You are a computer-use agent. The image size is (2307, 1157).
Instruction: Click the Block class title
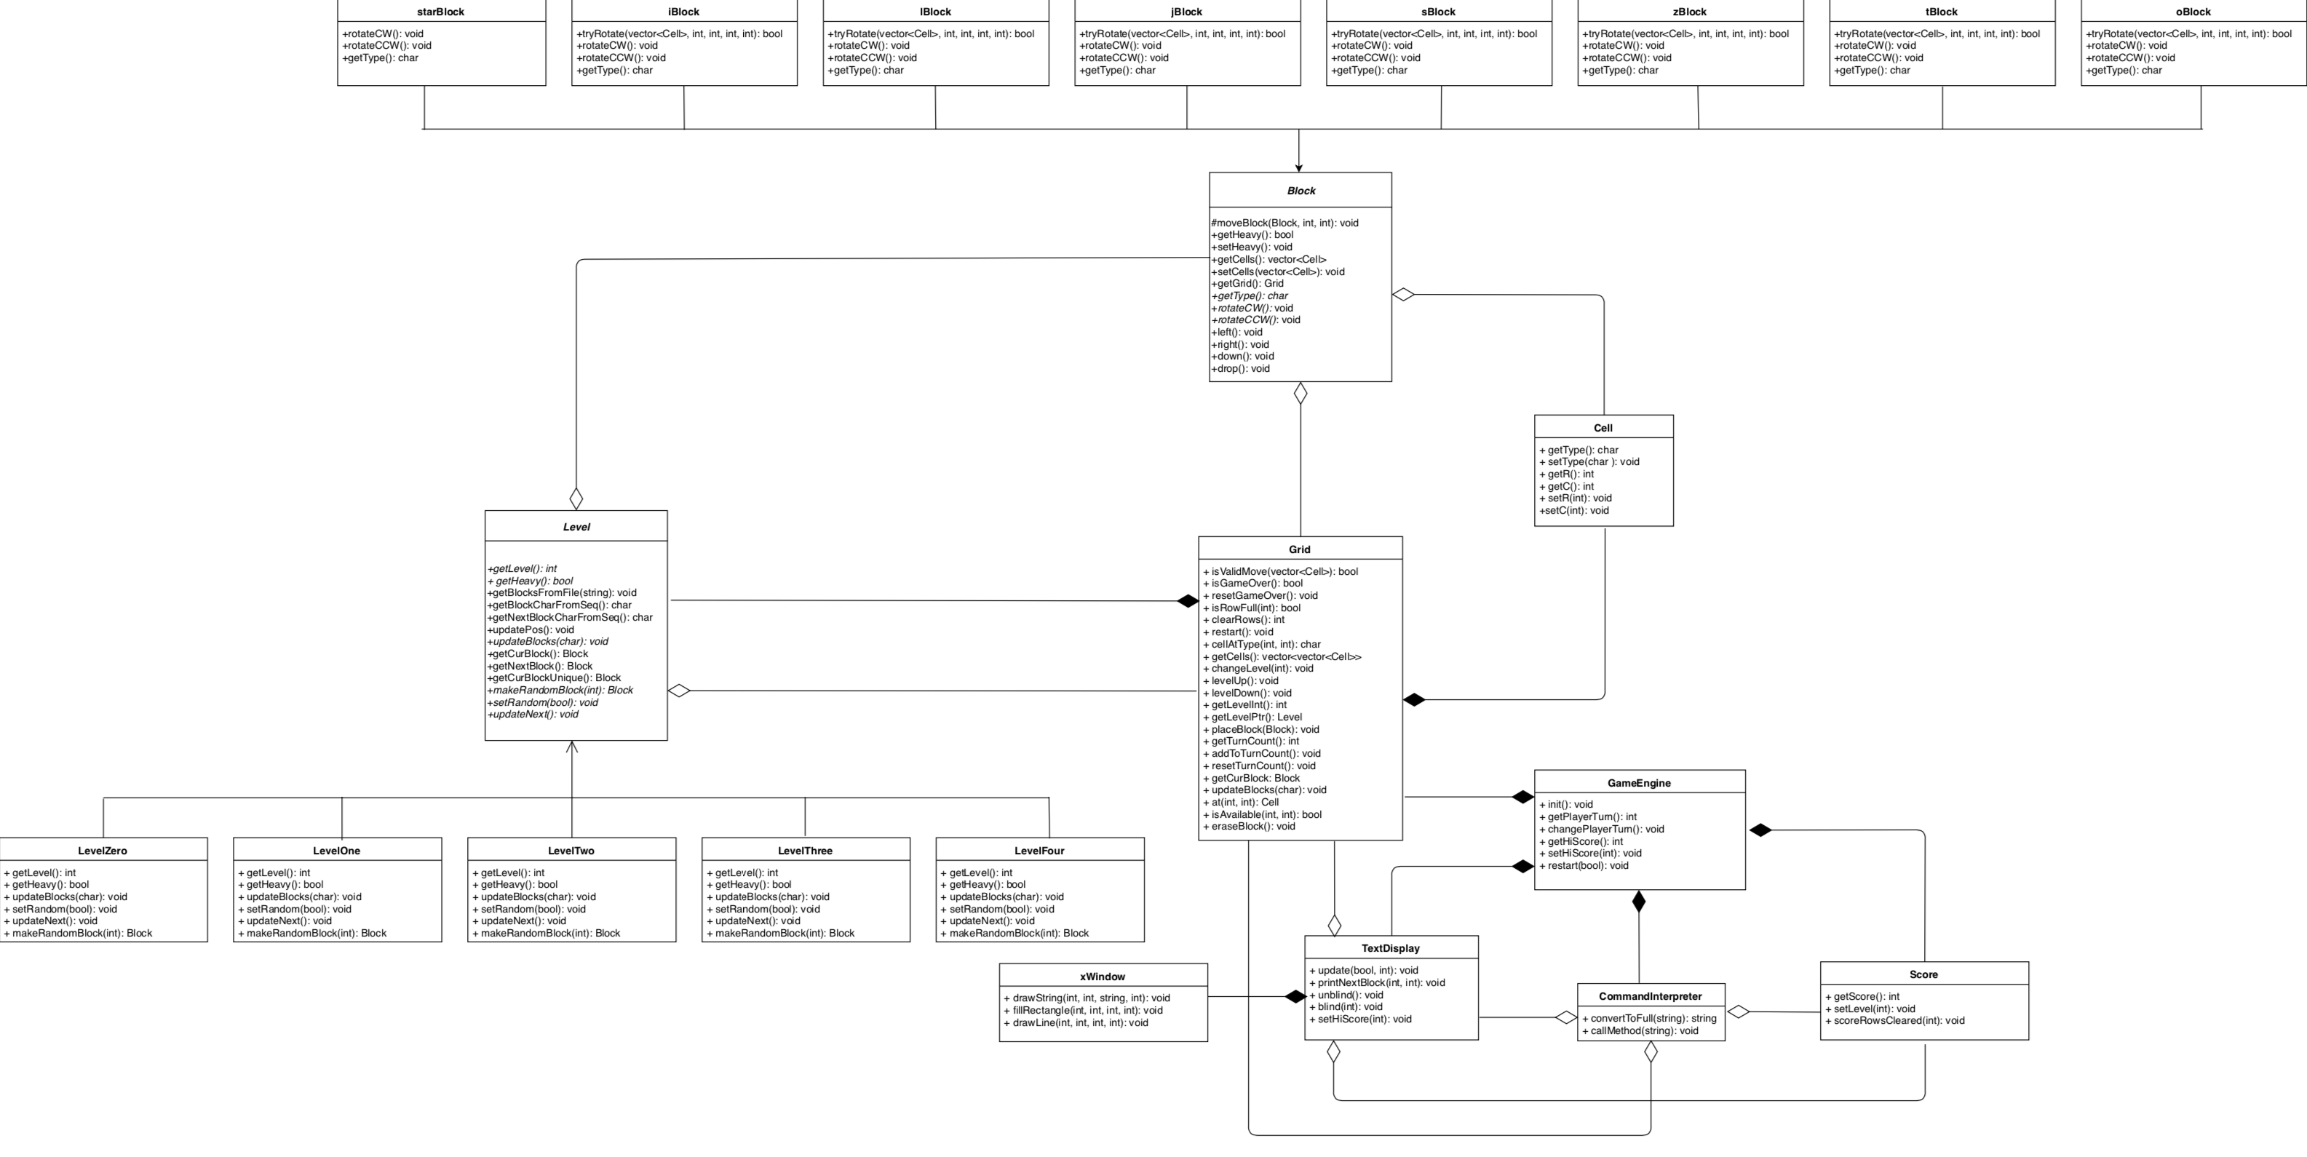click(x=1301, y=191)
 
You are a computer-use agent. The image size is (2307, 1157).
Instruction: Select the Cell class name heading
click(x=1603, y=428)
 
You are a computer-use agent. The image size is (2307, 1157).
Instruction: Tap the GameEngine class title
click(x=1639, y=783)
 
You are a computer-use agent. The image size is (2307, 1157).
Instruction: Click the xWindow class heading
click(x=1103, y=976)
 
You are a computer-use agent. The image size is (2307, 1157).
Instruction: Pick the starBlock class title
click(x=440, y=12)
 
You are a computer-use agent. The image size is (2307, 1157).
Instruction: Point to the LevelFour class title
click(x=1039, y=851)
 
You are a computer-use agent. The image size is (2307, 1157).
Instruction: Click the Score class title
click(x=1923, y=974)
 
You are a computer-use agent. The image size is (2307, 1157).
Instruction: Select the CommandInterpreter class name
click(x=1650, y=995)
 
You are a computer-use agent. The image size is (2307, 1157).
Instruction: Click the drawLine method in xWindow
click(x=1075, y=1022)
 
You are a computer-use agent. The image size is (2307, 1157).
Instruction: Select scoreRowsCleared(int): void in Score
click(x=1894, y=1020)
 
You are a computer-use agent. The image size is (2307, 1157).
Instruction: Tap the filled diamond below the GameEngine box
click(x=1638, y=902)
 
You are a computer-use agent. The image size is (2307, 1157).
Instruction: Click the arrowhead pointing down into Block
click(x=1298, y=167)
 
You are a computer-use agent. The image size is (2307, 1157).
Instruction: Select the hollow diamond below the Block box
click(x=1301, y=393)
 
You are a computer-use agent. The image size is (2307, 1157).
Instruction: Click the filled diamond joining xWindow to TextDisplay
click(x=1294, y=997)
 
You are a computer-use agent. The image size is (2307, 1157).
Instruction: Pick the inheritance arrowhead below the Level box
click(x=571, y=747)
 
